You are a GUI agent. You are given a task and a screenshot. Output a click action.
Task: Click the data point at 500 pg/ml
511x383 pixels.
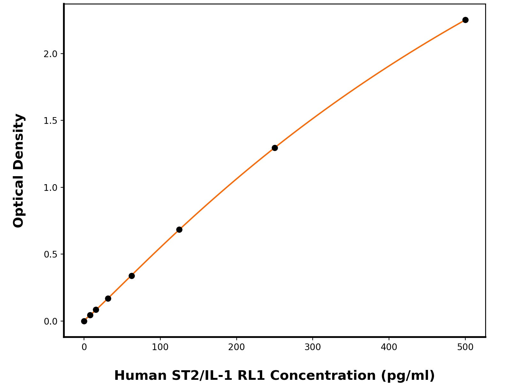click(465, 20)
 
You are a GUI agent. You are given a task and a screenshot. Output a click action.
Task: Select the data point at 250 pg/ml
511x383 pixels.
click(275, 148)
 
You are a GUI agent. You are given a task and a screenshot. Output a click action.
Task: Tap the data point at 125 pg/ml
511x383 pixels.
click(179, 229)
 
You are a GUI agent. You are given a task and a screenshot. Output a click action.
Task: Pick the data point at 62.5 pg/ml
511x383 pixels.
click(132, 276)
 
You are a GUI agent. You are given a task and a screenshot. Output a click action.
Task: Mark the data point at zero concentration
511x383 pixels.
click(84, 321)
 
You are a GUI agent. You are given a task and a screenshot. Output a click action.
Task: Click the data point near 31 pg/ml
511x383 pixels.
click(108, 298)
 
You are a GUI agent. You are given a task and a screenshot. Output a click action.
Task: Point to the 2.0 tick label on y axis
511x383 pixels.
click(50, 54)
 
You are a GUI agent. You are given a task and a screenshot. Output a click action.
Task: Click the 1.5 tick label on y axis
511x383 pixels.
click(50, 121)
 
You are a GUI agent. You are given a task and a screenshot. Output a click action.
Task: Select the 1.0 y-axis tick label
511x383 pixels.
click(50, 188)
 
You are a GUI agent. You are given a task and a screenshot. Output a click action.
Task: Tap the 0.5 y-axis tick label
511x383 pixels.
click(50, 254)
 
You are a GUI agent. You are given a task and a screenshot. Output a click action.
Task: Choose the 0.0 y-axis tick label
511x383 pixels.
click(50, 321)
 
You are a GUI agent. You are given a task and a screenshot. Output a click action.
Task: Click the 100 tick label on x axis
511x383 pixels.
click(160, 347)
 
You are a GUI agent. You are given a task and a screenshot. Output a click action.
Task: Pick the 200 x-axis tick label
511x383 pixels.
click(236, 347)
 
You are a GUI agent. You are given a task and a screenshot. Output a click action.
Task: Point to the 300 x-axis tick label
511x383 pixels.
click(313, 347)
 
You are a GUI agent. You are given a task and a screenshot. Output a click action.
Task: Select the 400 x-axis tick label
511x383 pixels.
click(389, 347)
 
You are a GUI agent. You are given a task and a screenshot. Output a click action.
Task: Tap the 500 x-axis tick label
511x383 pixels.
click(465, 347)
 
